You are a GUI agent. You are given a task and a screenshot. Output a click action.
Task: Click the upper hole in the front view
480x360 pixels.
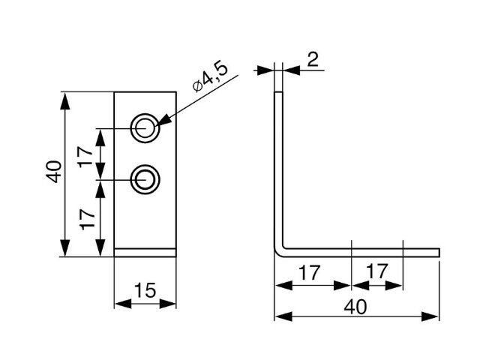[145, 128]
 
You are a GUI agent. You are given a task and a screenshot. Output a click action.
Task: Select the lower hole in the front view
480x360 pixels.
[145, 179]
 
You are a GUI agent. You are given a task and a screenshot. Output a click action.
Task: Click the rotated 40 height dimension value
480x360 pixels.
[53, 173]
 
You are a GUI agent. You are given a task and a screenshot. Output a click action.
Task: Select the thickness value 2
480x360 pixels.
[313, 59]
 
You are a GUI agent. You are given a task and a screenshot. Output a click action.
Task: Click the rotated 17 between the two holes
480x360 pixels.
[87, 154]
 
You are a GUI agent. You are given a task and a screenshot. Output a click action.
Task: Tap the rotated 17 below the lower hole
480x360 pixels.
[87, 219]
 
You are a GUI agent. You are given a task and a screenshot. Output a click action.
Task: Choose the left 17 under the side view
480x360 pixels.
[313, 273]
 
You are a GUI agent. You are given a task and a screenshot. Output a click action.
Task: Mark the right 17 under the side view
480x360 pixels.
[377, 273]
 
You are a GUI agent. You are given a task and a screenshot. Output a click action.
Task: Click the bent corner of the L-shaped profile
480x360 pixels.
[280, 250]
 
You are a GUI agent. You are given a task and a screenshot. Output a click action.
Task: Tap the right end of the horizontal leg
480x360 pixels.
[437, 251]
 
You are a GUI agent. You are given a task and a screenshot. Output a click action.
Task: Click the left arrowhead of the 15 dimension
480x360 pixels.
[119, 304]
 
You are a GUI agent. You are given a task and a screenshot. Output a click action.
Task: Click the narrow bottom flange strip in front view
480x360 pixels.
[145, 253]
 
